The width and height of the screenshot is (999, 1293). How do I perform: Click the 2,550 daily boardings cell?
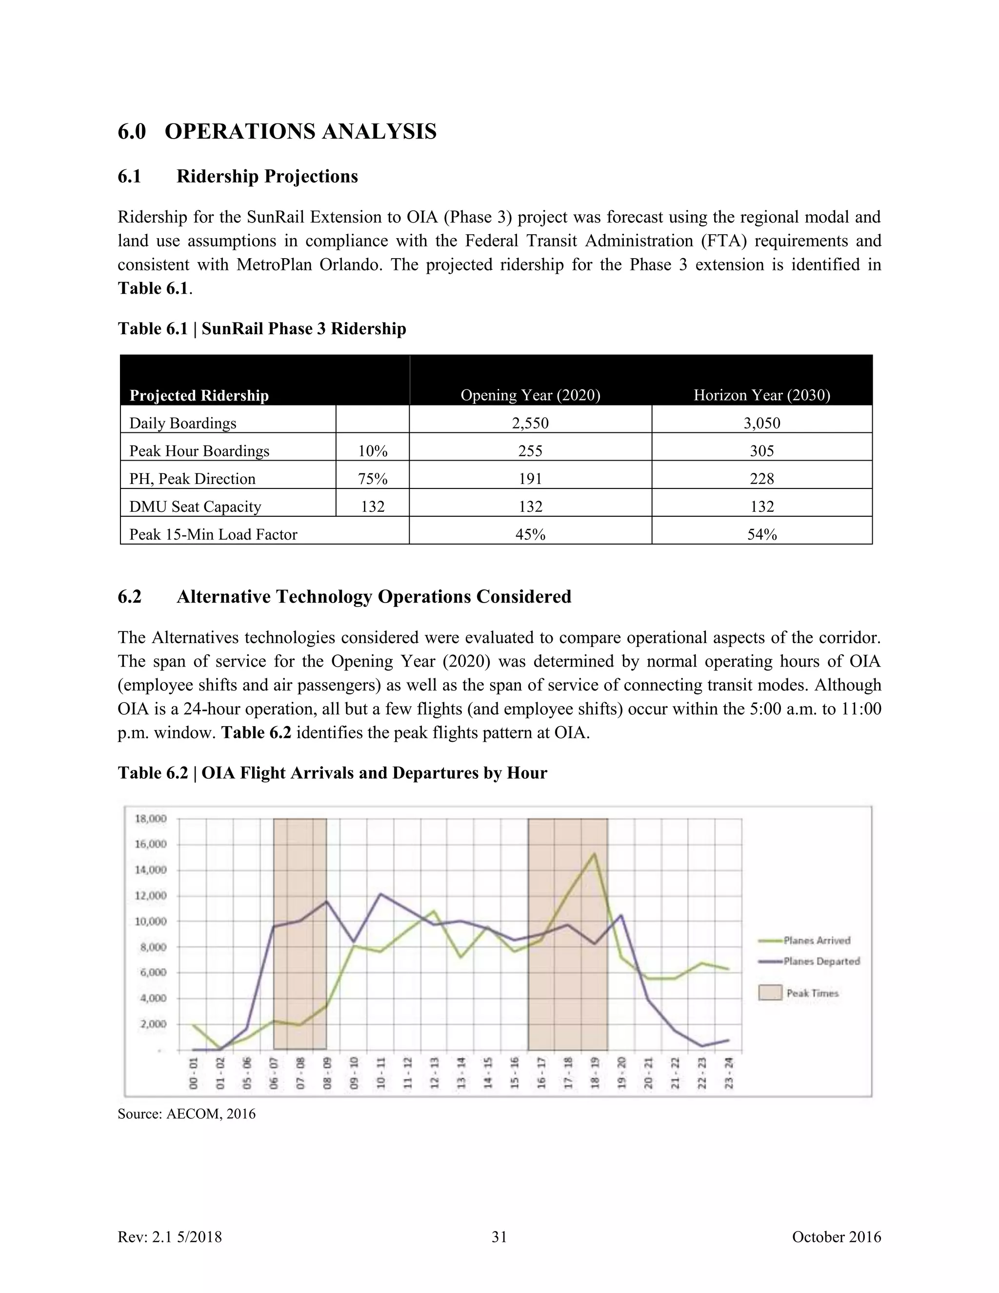click(x=530, y=423)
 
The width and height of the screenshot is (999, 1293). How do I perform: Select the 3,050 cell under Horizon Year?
click(x=761, y=423)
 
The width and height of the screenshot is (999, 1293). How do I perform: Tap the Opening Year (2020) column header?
click(x=530, y=395)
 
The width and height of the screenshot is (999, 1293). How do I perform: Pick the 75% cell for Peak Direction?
click(x=372, y=478)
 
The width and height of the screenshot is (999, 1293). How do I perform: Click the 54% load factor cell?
click(x=761, y=534)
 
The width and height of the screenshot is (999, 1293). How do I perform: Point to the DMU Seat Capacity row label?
click(x=195, y=506)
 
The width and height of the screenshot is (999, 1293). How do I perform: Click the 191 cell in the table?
click(x=530, y=478)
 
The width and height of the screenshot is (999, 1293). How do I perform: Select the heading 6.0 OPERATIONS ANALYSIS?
click(x=277, y=131)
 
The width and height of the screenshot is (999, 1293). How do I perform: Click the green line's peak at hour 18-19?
click(x=594, y=853)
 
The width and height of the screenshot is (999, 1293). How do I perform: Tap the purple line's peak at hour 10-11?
click(x=380, y=894)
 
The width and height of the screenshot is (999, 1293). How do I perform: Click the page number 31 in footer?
click(x=499, y=1237)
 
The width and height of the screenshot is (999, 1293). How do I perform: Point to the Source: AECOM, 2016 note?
click(x=186, y=1113)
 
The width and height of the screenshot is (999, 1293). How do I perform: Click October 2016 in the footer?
click(x=836, y=1237)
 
